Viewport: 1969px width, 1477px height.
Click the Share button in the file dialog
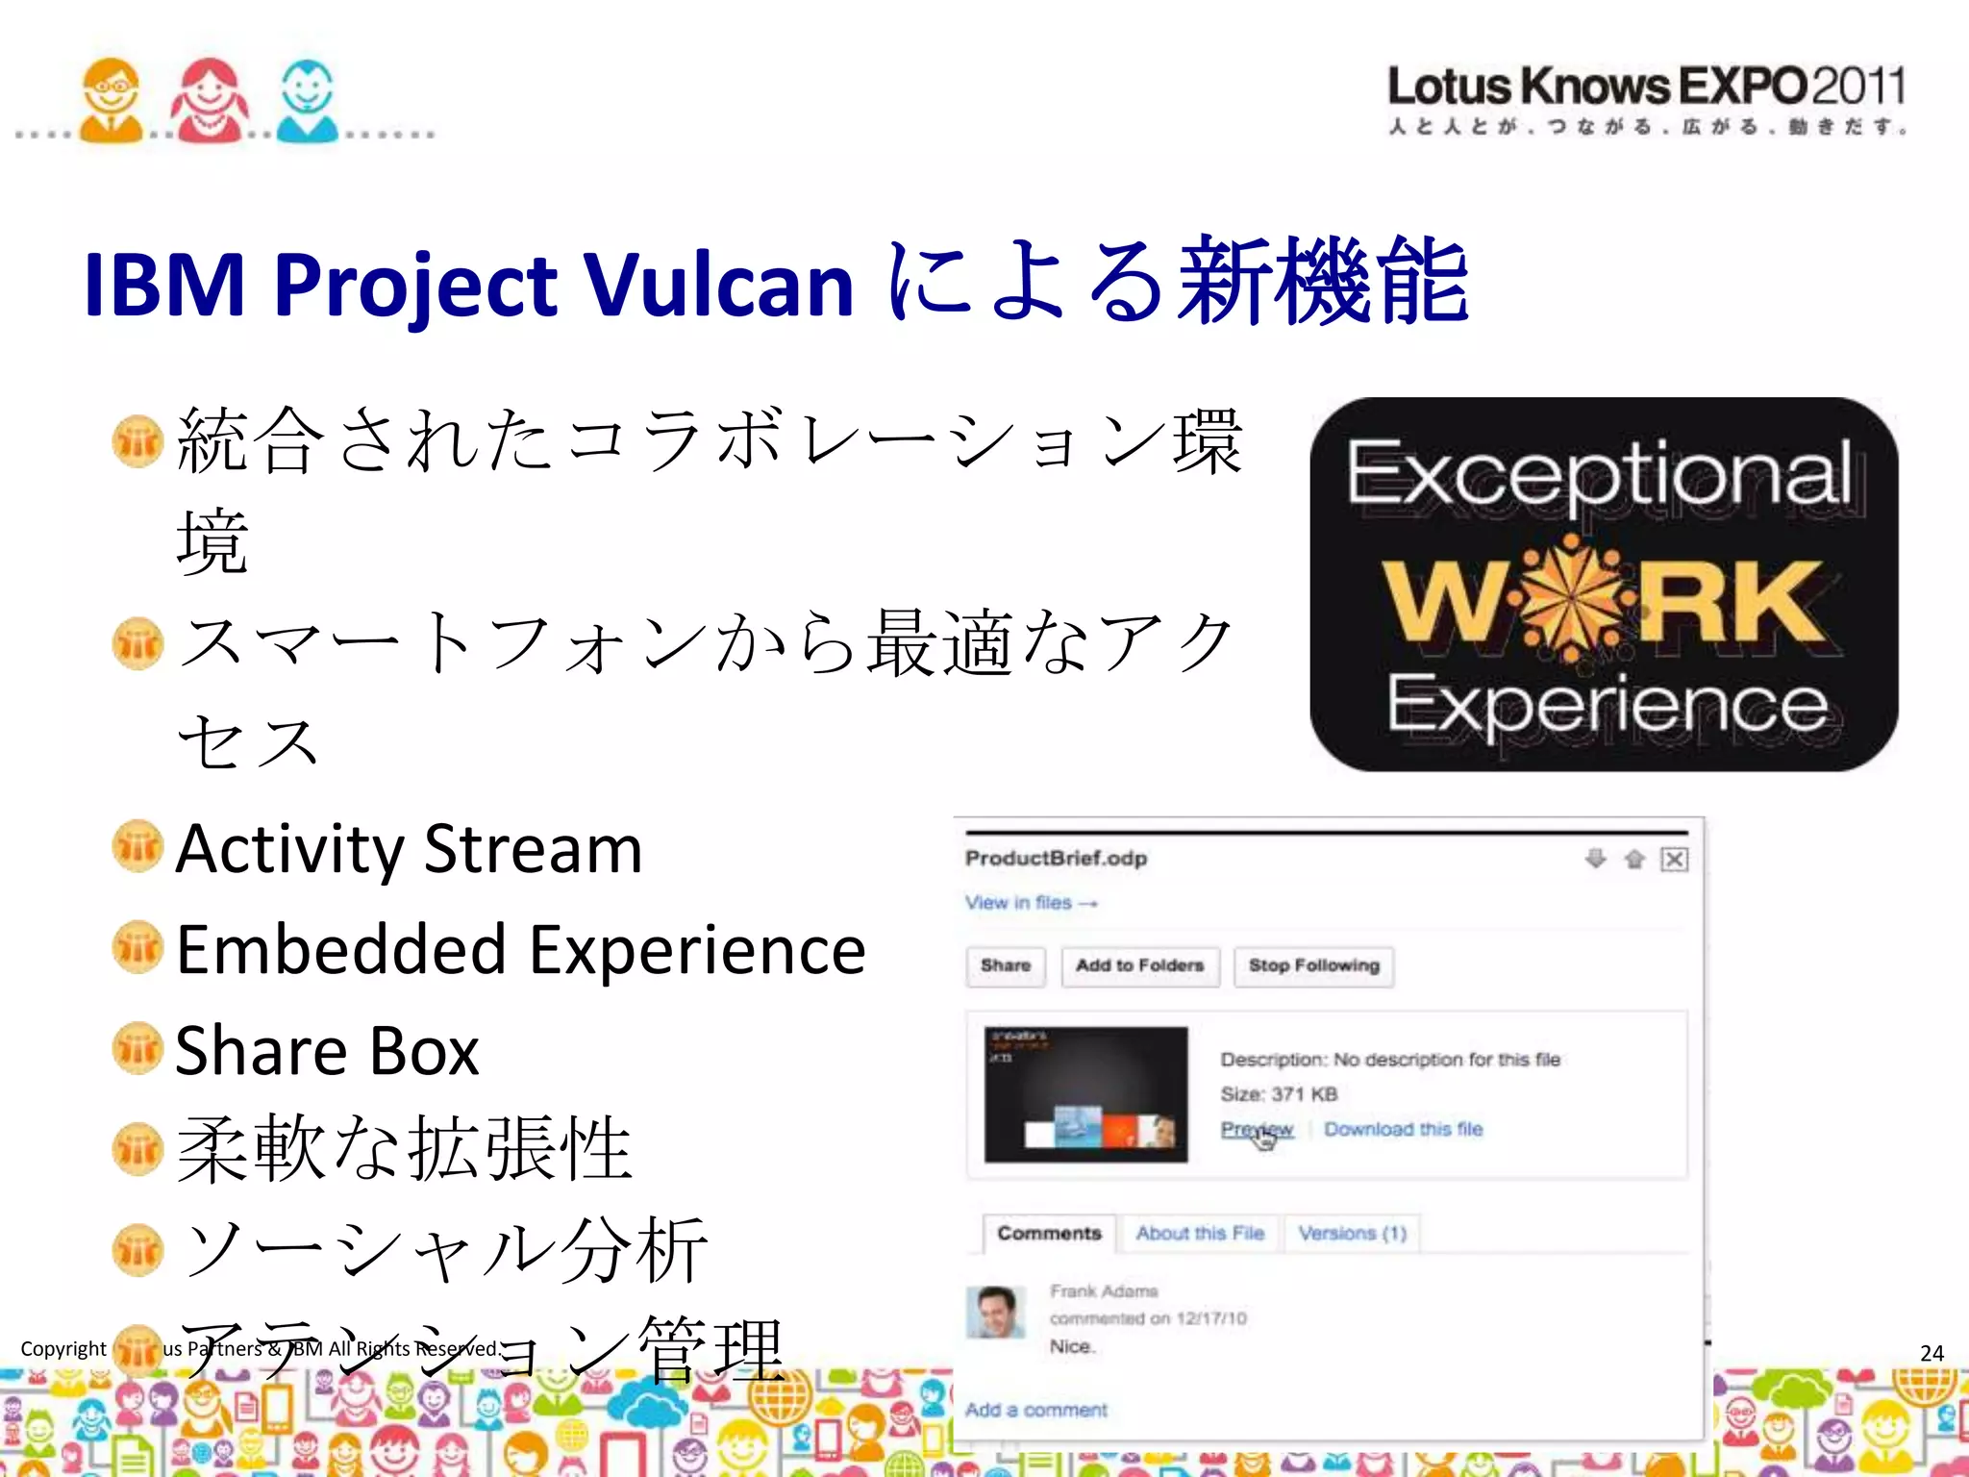point(1006,965)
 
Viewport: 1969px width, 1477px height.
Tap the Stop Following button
point(1313,965)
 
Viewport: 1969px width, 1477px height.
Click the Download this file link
point(1403,1129)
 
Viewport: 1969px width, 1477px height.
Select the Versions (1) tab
point(1352,1233)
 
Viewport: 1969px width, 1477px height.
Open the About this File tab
point(1200,1233)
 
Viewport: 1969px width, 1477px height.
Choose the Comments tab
point(1049,1233)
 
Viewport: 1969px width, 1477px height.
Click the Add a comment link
point(1035,1410)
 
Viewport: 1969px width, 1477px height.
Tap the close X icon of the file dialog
point(1674,859)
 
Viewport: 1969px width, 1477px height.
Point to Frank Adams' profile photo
point(995,1313)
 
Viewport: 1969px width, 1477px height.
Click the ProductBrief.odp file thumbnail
point(1085,1094)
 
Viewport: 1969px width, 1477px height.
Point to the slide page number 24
point(1932,1353)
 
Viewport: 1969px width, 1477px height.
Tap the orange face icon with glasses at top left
point(112,100)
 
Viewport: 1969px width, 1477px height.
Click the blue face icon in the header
point(307,100)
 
